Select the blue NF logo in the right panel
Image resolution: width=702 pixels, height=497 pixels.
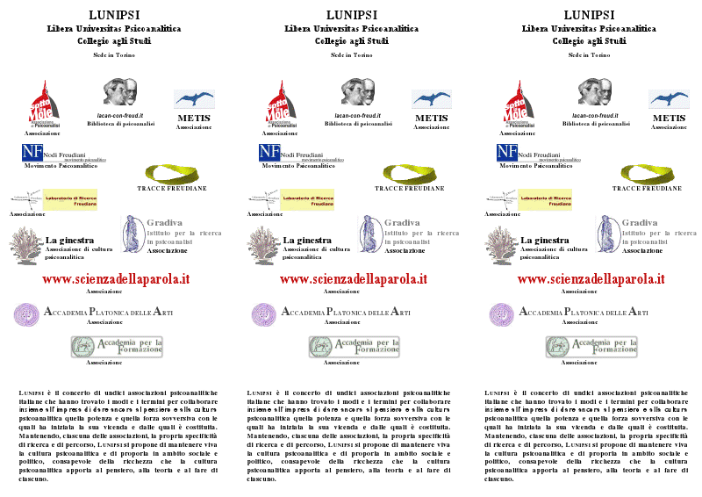506,151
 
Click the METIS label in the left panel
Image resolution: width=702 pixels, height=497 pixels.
194,118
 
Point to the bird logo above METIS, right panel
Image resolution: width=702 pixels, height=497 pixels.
669,98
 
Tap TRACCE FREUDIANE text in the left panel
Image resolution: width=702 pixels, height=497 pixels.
172,188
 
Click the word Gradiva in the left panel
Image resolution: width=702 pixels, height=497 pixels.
165,223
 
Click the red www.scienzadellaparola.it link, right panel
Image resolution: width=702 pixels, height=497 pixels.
591,279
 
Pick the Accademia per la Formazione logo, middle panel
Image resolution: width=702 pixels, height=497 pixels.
353,346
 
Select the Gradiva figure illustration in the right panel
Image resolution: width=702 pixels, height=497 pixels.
607,235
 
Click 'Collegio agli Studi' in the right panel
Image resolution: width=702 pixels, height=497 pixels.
590,40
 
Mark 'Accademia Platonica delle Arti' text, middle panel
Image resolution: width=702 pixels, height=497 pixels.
344,312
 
